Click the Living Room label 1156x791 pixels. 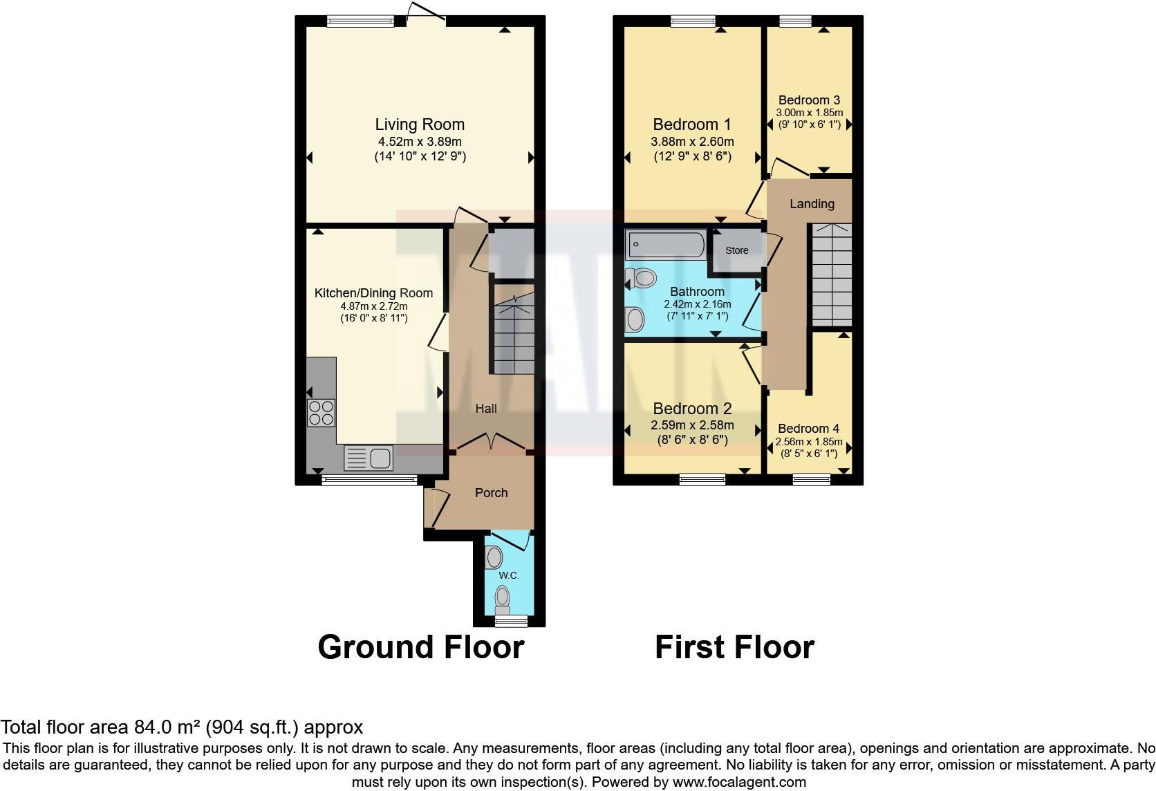point(420,124)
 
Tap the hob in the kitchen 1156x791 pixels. point(321,413)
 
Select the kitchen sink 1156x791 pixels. point(369,457)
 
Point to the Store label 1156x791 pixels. point(736,250)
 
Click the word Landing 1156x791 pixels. point(812,204)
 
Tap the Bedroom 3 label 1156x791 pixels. point(809,100)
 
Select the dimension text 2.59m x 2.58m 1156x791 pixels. point(692,425)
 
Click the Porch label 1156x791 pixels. point(491,493)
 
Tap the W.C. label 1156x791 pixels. point(509,575)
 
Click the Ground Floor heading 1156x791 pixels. point(420,647)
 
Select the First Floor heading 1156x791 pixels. point(734,647)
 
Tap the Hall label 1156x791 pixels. point(486,409)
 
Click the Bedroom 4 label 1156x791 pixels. point(808,429)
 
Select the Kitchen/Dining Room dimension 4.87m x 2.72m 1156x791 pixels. point(373,306)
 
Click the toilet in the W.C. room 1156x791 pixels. point(503,598)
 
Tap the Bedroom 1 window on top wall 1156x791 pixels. point(693,21)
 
